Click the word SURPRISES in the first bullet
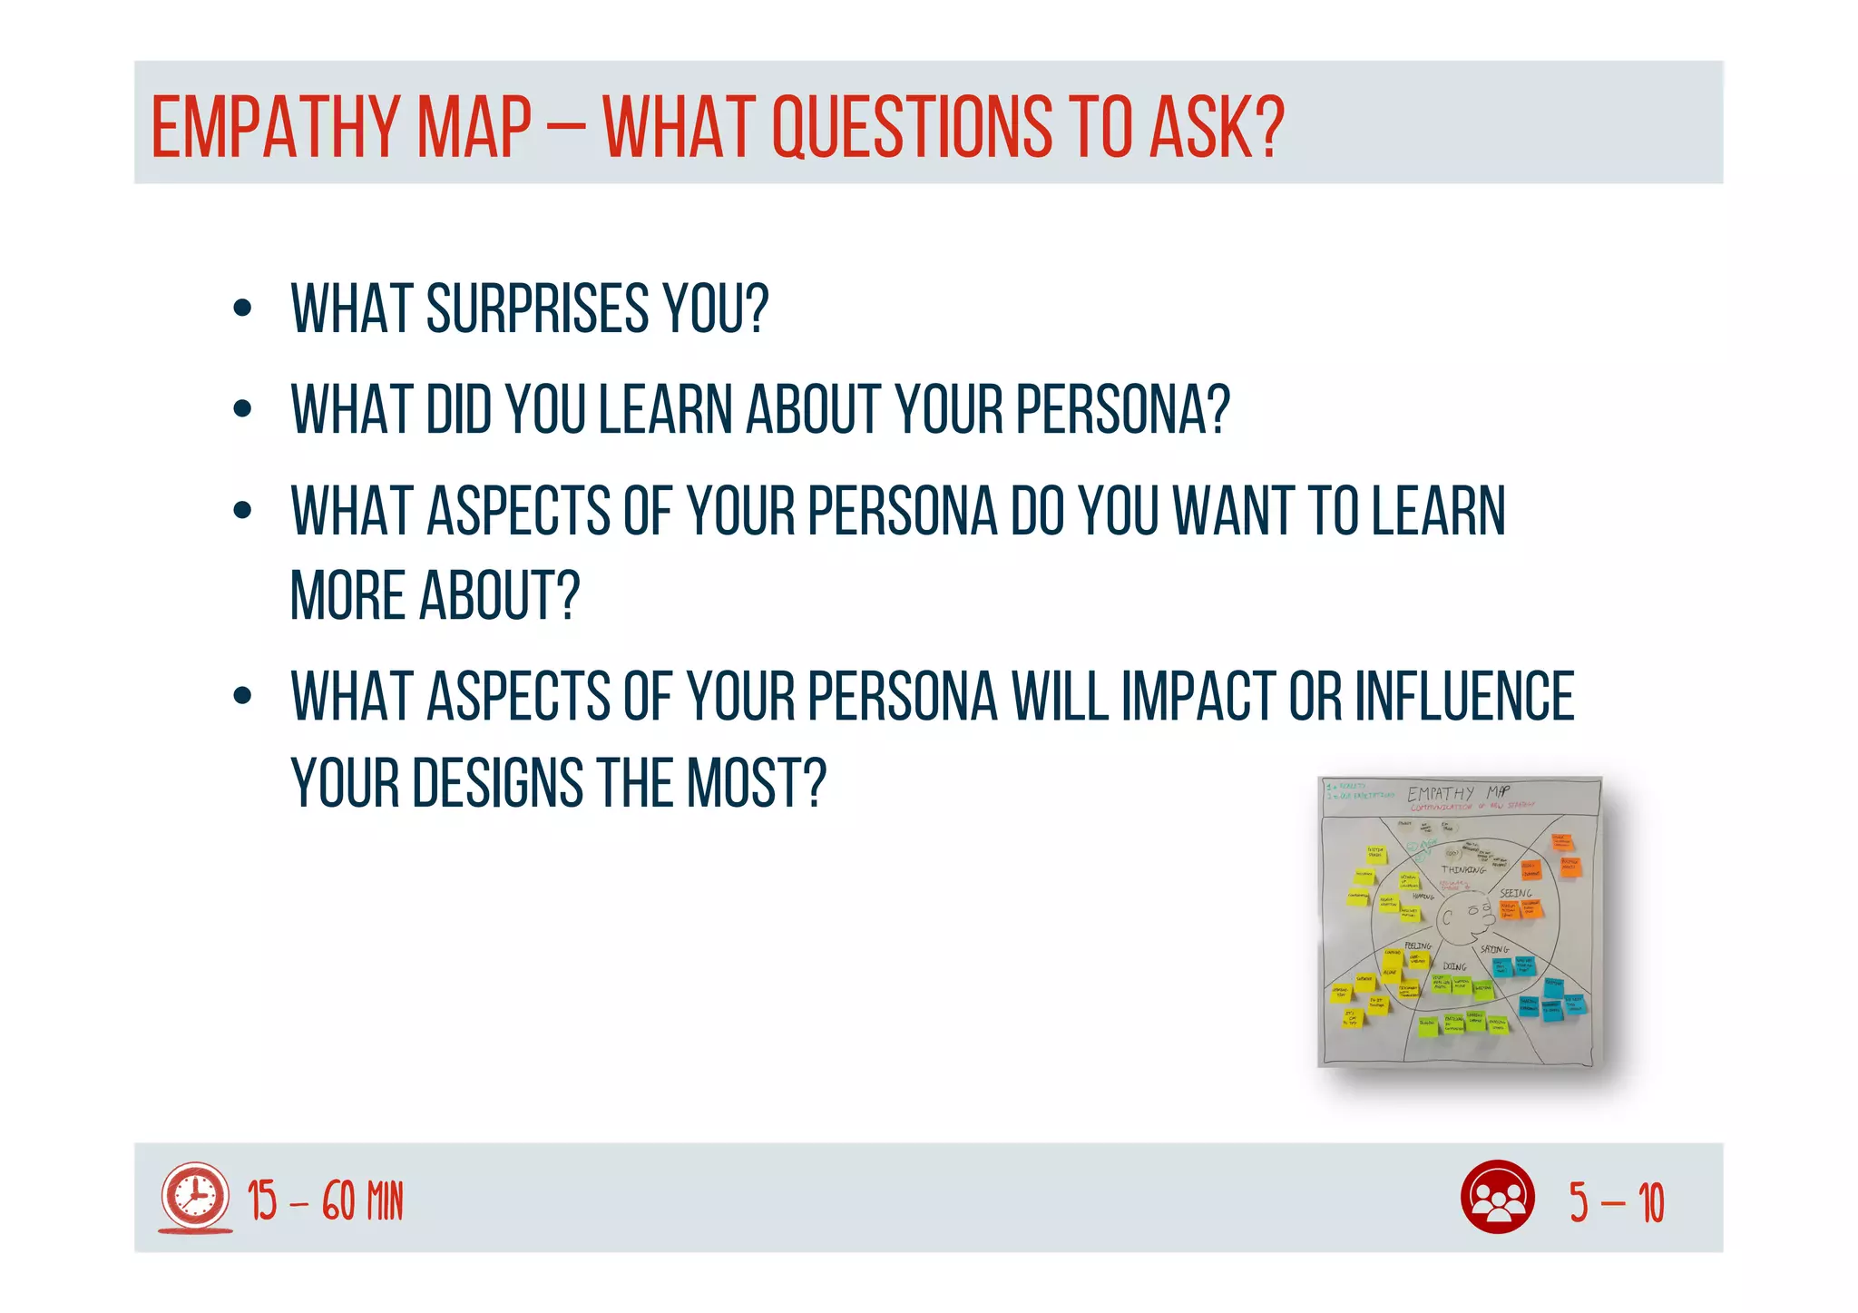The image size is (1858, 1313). (538, 309)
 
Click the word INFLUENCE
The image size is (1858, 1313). (1464, 696)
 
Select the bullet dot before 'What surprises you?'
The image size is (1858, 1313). (241, 309)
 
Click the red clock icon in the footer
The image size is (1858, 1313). (195, 1198)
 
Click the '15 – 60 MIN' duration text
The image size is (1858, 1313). (325, 1201)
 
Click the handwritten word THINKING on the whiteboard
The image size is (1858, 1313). (1463, 869)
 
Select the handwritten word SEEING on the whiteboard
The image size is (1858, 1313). (1515, 894)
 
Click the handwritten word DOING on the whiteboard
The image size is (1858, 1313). (1454, 966)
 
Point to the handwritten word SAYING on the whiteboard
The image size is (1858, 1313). (1494, 949)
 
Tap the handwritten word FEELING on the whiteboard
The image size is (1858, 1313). (1417, 946)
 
